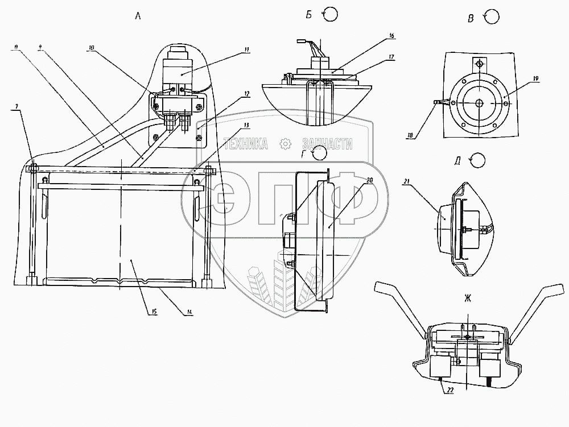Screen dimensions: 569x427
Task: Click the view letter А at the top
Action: point(137,16)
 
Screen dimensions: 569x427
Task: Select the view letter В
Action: point(471,19)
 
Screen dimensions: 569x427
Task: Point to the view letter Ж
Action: point(468,298)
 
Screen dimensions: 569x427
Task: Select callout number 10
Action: point(91,48)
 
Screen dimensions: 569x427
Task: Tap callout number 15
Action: point(154,311)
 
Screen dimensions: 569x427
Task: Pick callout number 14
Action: point(189,312)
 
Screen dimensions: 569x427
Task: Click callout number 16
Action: point(391,35)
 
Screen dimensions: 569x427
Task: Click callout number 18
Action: point(409,136)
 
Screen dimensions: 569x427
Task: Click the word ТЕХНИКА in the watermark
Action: point(246,144)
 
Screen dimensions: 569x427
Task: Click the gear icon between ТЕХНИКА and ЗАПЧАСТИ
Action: point(284,144)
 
